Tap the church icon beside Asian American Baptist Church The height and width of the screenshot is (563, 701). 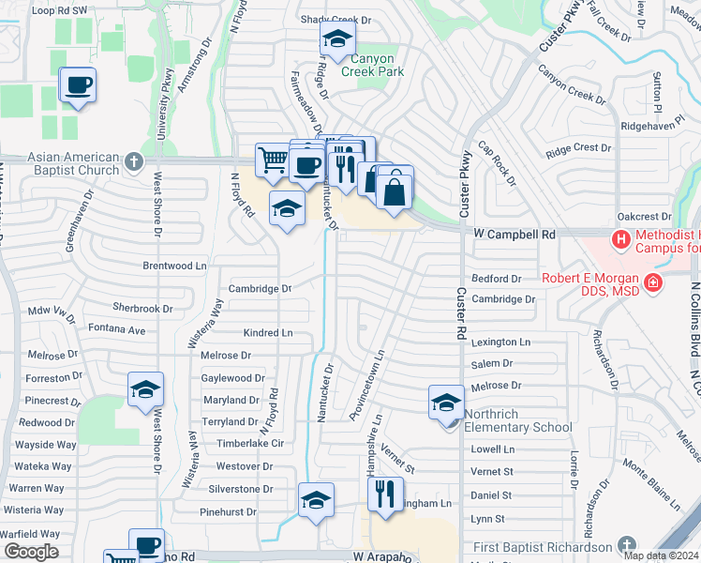[x=134, y=162]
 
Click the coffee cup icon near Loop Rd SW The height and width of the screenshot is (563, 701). [x=78, y=86]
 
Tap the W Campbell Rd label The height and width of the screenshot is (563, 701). [x=515, y=233]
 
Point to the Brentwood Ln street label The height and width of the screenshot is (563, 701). [x=174, y=266]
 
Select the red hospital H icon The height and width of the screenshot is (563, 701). [x=620, y=240]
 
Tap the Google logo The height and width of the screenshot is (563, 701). [x=30, y=552]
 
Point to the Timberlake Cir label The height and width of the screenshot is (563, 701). [x=244, y=444]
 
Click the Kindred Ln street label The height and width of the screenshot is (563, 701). [x=268, y=333]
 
